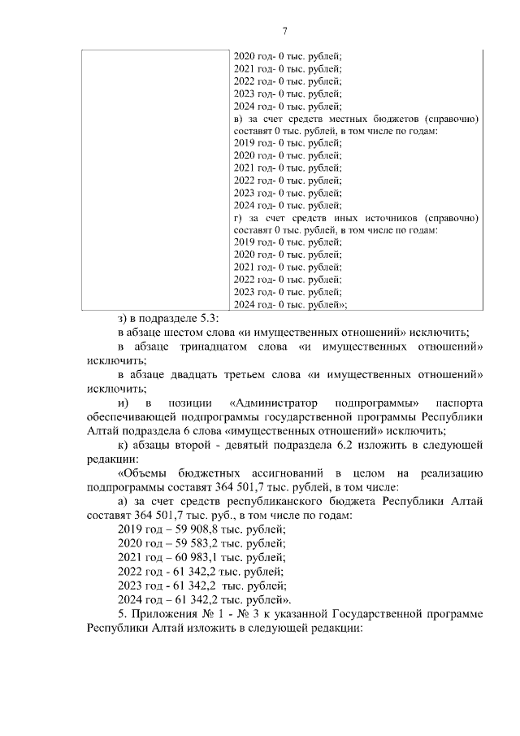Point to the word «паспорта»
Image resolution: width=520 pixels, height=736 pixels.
[460, 403]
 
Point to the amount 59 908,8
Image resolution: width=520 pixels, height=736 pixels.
[179, 530]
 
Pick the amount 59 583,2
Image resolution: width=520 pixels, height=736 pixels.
[179, 544]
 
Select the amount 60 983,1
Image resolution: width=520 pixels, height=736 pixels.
[179, 558]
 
